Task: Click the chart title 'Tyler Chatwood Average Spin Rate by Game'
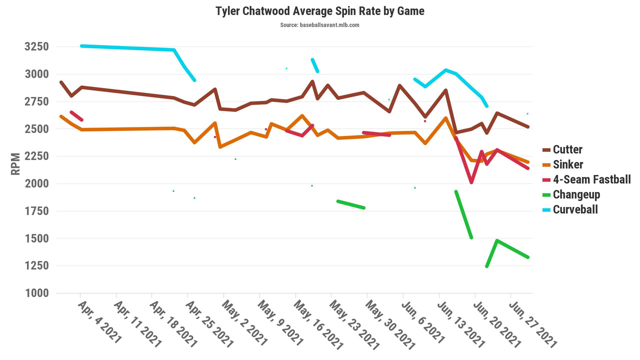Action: point(320,11)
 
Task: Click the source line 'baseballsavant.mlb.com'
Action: point(320,25)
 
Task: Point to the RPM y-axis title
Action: point(16,163)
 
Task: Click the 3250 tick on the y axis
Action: point(36,47)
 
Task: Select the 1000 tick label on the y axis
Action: point(36,293)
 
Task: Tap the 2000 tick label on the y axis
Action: point(36,183)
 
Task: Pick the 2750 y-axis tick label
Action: point(36,101)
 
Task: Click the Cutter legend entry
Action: point(567,149)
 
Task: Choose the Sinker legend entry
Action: point(567,164)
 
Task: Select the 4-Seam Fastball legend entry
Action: point(591,179)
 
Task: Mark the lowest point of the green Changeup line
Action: point(486,266)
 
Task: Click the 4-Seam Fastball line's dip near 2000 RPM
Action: point(471,182)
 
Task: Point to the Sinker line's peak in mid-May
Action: point(302,115)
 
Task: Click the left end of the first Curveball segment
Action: point(81,46)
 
